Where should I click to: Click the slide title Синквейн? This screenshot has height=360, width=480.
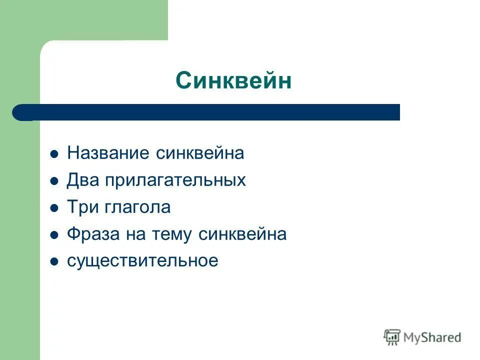pyautogui.click(x=233, y=80)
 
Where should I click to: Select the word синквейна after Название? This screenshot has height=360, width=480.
pyautogui.click(x=199, y=153)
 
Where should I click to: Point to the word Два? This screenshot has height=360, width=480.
pyautogui.click(x=83, y=180)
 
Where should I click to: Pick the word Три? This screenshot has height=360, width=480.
pyautogui.click(x=83, y=207)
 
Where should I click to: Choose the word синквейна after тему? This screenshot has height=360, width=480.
pyautogui.click(x=242, y=234)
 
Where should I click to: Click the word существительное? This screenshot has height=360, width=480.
pyautogui.click(x=142, y=261)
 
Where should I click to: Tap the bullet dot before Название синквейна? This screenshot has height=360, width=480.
pyautogui.click(x=54, y=154)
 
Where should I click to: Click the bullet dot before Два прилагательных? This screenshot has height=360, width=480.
pyautogui.click(x=54, y=181)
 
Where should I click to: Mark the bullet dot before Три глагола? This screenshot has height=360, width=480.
pyautogui.click(x=54, y=208)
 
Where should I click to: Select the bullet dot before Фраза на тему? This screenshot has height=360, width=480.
pyautogui.click(x=54, y=235)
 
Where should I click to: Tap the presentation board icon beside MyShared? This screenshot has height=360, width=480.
pyautogui.click(x=392, y=337)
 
